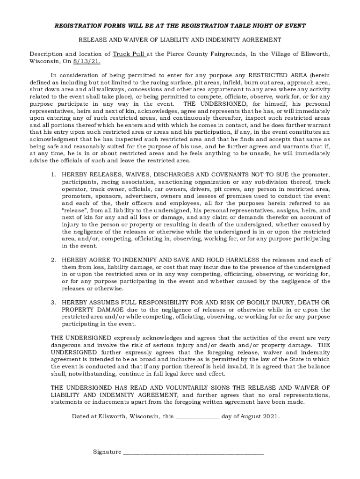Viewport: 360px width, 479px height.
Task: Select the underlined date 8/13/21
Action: click(86, 61)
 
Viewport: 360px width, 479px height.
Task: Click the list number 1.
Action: click(53, 174)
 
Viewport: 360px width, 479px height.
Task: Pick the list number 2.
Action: click(53, 260)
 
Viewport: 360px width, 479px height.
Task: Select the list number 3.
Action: click(53, 302)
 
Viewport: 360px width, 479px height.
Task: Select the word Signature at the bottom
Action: click(107, 452)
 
